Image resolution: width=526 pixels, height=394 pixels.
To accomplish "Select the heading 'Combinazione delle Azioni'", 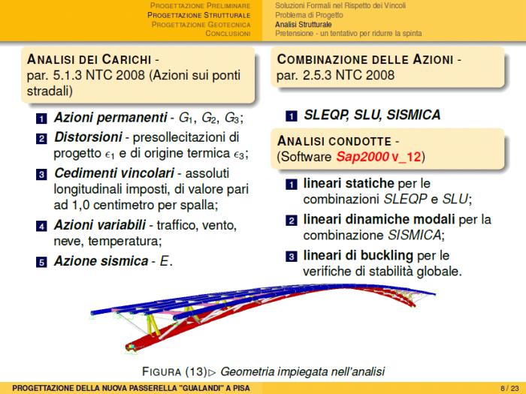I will click(x=365, y=59).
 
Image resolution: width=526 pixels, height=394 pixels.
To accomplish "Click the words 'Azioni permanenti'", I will click(x=110, y=119).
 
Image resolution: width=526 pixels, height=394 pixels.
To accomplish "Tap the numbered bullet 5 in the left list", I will click(x=42, y=262).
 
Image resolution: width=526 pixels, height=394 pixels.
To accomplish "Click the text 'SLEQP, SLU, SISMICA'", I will click(x=371, y=116).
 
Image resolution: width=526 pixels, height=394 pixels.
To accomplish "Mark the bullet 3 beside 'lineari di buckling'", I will click(x=291, y=256).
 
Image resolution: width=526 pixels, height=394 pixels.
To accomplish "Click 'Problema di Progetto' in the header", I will click(x=309, y=15).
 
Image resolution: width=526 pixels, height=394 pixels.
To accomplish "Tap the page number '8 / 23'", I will click(x=508, y=387).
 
